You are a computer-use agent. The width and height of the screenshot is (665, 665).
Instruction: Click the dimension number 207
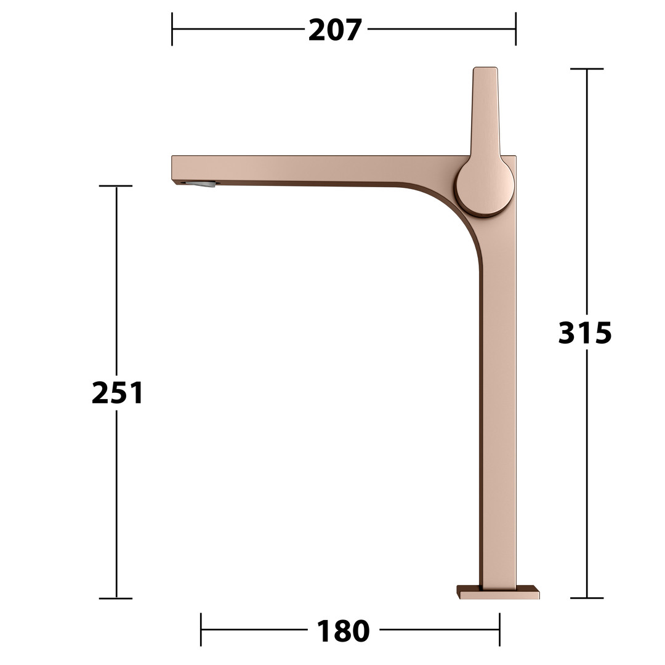click(335, 30)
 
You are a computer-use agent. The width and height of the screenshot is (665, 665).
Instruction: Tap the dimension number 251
click(118, 392)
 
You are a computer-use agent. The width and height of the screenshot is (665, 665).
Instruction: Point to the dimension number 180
click(343, 631)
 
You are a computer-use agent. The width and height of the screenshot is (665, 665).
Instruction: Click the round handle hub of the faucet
click(485, 187)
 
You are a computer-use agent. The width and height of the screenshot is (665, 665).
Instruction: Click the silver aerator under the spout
click(200, 184)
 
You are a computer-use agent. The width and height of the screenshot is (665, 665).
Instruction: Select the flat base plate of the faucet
click(498, 592)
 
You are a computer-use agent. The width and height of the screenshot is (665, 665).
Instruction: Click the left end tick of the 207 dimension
click(172, 29)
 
